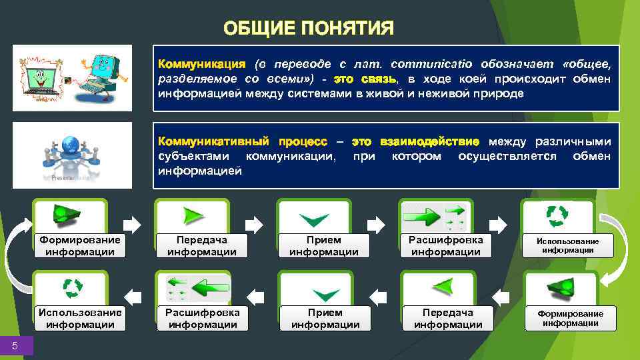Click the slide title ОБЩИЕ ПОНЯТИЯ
point(309,29)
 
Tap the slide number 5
point(15,345)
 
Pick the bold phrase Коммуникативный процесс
point(242,141)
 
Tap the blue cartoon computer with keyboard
point(100,73)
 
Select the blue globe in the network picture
point(71,145)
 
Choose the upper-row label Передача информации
point(201,246)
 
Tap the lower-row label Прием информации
point(325,319)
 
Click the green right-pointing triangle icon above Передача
point(193,215)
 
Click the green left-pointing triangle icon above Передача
point(442,287)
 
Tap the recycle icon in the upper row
point(557,215)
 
